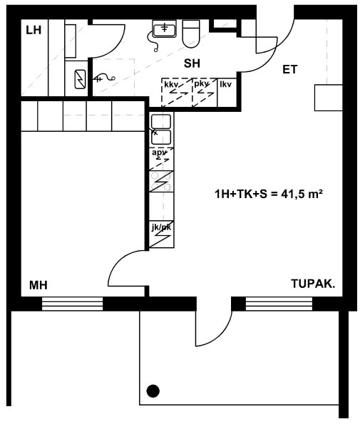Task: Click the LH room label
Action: pos(34,30)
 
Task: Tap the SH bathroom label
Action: pos(192,63)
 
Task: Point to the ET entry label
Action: pos(289,70)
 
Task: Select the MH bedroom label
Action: pos(38,285)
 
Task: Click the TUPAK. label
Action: pos(313,284)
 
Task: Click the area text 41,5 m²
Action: pos(302,194)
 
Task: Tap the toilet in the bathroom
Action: pos(191,33)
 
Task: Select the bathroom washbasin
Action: pos(164,29)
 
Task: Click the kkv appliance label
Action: pos(171,85)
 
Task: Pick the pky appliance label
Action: pos(202,84)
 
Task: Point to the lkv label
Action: pos(225,84)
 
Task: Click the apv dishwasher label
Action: pos(159,152)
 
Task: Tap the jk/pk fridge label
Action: pos(161,227)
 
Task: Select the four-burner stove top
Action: pos(161,182)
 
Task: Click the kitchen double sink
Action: pos(161,130)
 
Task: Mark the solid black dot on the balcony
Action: pos(153,391)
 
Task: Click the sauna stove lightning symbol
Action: pos(80,79)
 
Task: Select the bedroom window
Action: pos(73,304)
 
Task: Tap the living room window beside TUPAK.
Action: pos(279,304)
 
